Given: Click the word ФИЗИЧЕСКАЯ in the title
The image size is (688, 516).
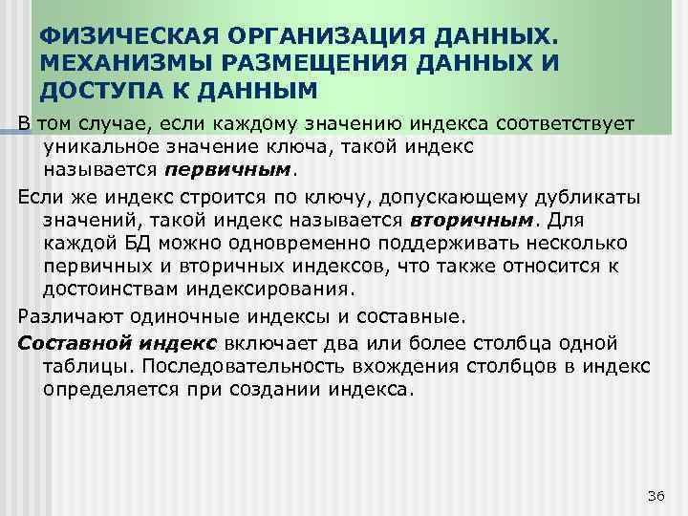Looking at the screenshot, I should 118,35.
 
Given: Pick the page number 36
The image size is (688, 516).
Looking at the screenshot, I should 655,494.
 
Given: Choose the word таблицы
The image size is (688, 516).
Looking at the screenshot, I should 82,368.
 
